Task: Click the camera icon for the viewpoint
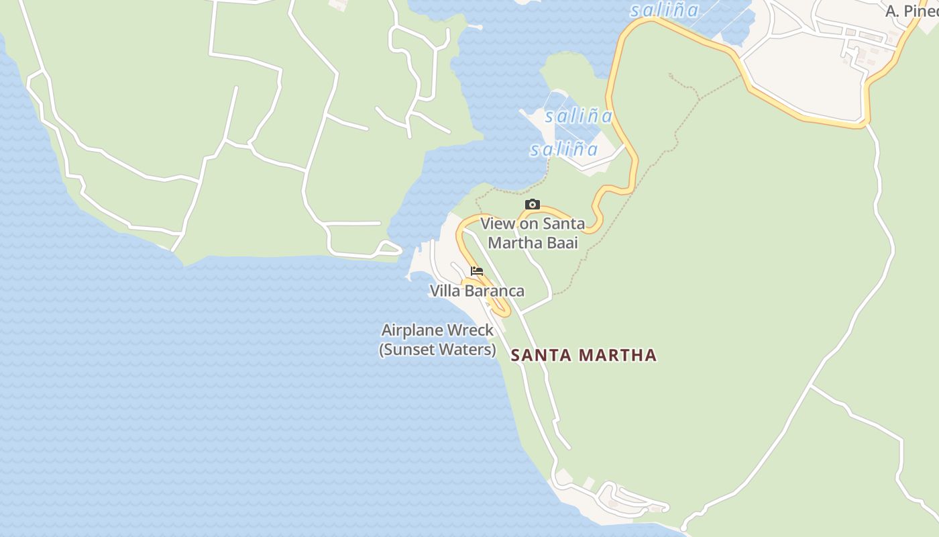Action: click(x=533, y=205)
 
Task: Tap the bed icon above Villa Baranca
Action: click(x=477, y=271)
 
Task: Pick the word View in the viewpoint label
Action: click(x=498, y=224)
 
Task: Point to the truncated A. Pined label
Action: click(x=911, y=11)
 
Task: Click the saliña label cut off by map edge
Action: click(x=665, y=10)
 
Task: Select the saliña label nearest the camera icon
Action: click(x=564, y=149)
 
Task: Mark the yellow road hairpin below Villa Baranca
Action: click(x=502, y=310)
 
